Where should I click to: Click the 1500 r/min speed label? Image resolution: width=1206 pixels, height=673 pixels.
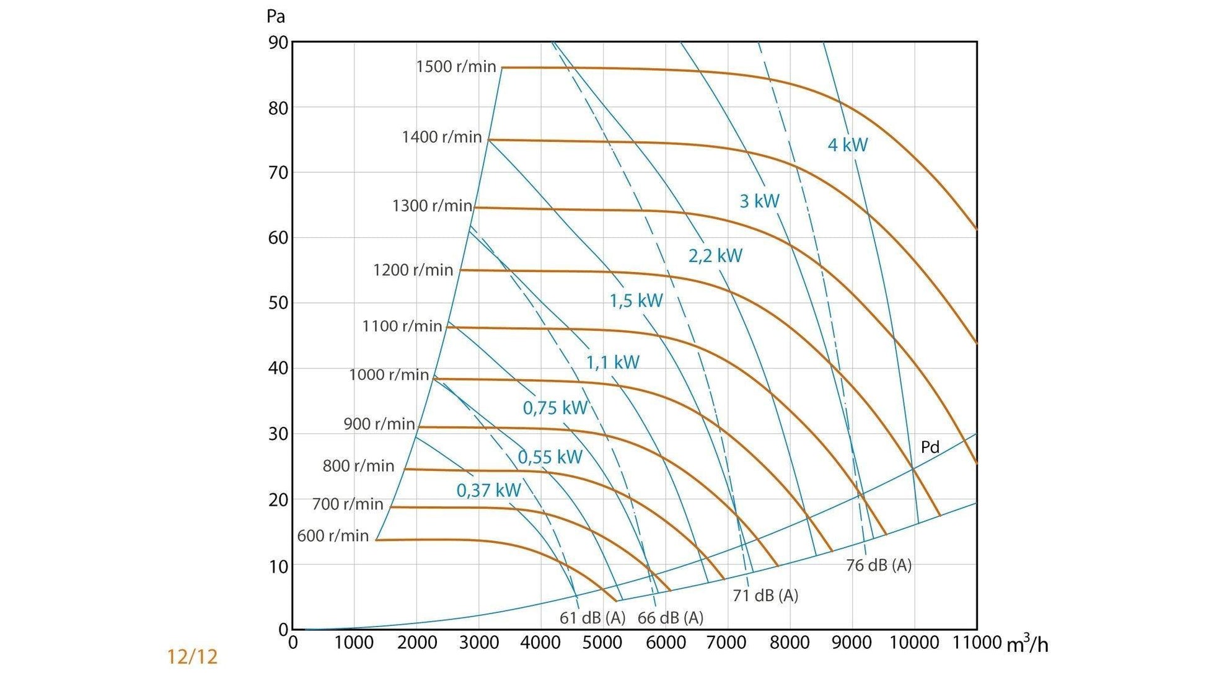pyautogui.click(x=456, y=66)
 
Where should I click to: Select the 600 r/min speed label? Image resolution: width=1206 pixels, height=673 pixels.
pyautogui.click(x=333, y=535)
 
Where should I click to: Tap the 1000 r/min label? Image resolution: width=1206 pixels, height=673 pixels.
pyautogui.click(x=389, y=374)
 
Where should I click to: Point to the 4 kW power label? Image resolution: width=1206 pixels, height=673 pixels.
pyautogui.click(x=847, y=145)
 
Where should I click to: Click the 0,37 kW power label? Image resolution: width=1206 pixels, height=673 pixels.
pyautogui.click(x=488, y=490)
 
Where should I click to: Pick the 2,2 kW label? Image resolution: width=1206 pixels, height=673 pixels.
pyautogui.click(x=715, y=255)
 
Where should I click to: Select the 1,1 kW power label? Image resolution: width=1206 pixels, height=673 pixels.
pyautogui.click(x=612, y=362)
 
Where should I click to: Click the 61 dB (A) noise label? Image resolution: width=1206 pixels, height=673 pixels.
pyautogui.click(x=592, y=617)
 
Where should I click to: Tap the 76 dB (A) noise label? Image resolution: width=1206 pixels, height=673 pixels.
pyautogui.click(x=878, y=565)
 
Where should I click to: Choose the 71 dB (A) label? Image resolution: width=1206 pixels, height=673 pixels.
pyautogui.click(x=765, y=595)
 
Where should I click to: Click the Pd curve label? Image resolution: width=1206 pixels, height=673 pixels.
pyautogui.click(x=930, y=447)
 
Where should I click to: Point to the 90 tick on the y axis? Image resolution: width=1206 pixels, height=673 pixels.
pyautogui.click(x=278, y=43)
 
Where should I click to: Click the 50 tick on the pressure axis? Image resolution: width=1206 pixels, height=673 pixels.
pyautogui.click(x=278, y=303)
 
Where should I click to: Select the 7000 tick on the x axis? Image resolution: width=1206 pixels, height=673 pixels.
pyautogui.click(x=727, y=643)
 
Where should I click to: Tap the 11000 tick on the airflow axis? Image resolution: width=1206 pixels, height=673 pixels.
pyautogui.click(x=976, y=643)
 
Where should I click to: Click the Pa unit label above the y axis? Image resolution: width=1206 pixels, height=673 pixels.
pyautogui.click(x=275, y=16)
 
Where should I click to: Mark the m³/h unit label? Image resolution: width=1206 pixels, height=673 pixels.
pyautogui.click(x=1027, y=644)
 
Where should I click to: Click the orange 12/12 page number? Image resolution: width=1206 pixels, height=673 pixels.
pyautogui.click(x=192, y=656)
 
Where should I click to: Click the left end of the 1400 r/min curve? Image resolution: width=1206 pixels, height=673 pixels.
pyautogui.click(x=490, y=140)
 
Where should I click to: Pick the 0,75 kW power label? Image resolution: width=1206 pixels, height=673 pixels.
pyautogui.click(x=555, y=407)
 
